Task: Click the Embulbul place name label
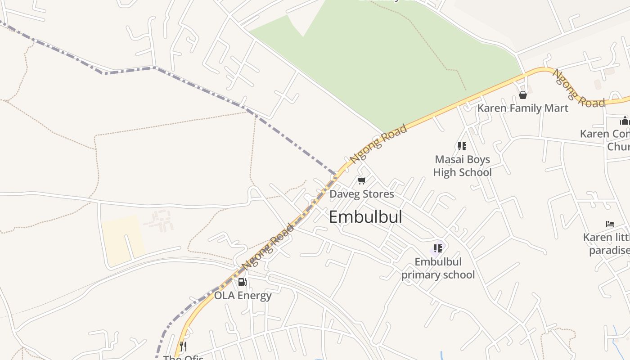click(365, 217)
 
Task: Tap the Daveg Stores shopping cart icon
click(361, 181)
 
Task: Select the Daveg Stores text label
click(361, 194)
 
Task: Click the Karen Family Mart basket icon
click(522, 94)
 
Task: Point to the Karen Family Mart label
click(522, 108)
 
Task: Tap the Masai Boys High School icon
click(462, 146)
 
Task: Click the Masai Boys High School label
click(462, 166)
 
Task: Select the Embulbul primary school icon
click(437, 248)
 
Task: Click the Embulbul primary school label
click(438, 268)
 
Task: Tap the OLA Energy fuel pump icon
click(242, 282)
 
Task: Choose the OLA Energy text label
click(243, 296)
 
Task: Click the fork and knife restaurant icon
click(183, 346)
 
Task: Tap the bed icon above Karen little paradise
click(610, 224)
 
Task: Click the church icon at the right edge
click(624, 121)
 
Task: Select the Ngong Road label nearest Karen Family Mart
click(578, 89)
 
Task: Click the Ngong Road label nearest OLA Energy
click(268, 247)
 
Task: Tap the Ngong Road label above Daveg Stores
click(378, 144)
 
